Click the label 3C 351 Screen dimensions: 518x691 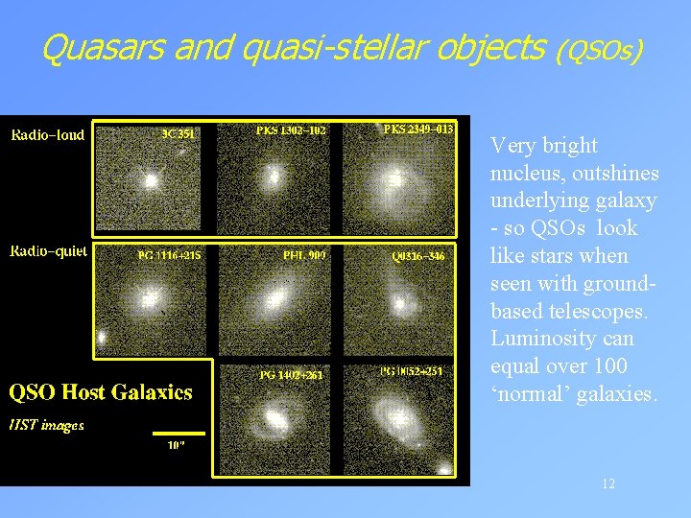coord(178,135)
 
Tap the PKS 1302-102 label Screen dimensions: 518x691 coord(292,129)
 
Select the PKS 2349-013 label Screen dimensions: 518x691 coord(418,129)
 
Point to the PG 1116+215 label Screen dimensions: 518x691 coord(169,255)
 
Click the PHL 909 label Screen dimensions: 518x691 coord(304,255)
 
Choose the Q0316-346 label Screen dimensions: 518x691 coord(418,256)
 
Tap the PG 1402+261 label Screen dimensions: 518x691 coord(291,375)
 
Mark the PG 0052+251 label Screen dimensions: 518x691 coord(412,371)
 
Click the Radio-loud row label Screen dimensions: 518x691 coord(48,134)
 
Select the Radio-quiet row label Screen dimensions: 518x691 coord(49,251)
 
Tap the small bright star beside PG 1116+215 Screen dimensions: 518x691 coord(101,338)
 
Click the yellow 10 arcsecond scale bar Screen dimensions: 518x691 coord(179,433)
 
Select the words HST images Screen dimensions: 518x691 coord(47,425)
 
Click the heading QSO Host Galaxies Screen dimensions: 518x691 coord(101,392)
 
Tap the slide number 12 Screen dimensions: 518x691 coord(608,483)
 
